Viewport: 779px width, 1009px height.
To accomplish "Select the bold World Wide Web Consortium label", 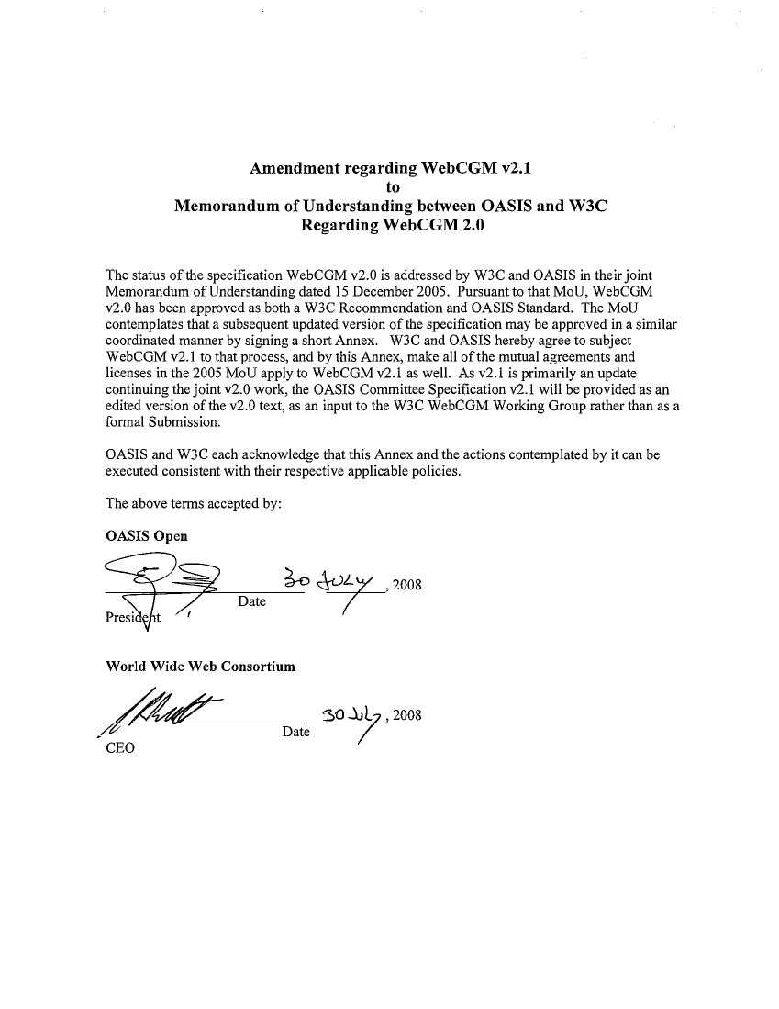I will (201, 667).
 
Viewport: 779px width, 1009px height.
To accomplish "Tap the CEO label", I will (120, 747).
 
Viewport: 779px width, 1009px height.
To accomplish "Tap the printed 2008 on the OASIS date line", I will (406, 587).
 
